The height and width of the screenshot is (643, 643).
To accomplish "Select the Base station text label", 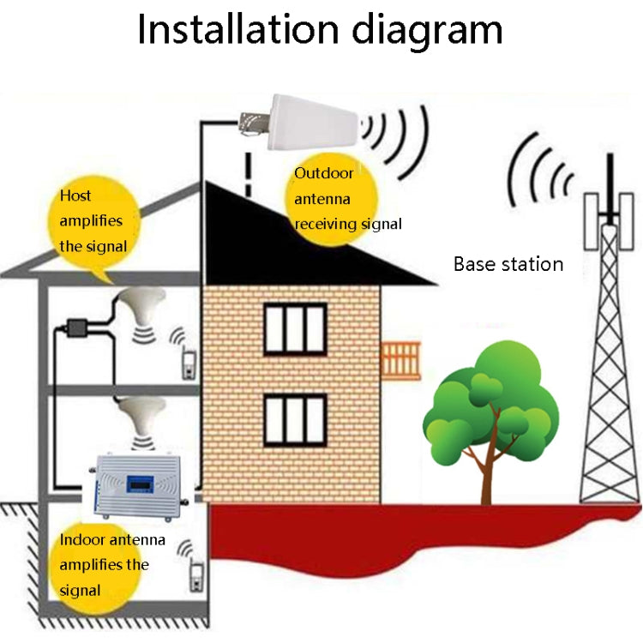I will (x=508, y=264).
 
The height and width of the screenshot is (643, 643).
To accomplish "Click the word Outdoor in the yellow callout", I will (x=323, y=173).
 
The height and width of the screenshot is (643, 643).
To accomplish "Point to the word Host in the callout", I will (x=75, y=196).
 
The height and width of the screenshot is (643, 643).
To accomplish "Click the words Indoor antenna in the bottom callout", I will (x=112, y=541).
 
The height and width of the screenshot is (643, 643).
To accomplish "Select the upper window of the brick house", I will (x=295, y=328).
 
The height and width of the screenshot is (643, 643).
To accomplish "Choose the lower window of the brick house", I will (x=295, y=420).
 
